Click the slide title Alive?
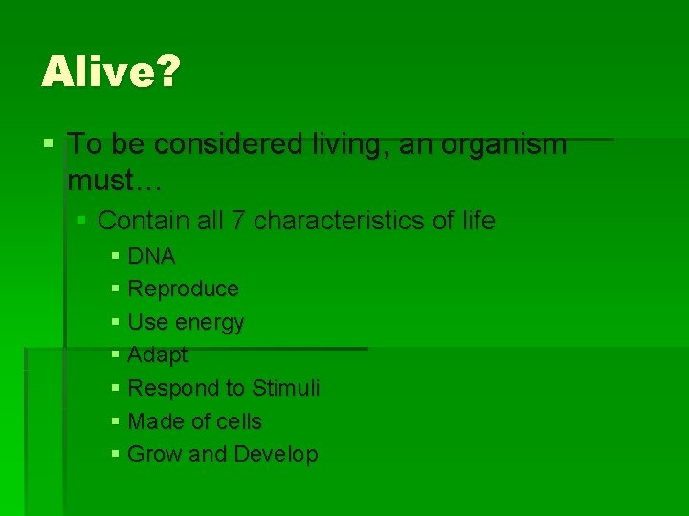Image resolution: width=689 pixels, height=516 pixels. pos(109,72)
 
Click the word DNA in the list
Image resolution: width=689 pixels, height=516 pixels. pos(151,256)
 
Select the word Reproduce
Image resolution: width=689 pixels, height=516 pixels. pos(183,289)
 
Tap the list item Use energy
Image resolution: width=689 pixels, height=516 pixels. pos(186,322)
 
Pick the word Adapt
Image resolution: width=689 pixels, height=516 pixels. pos(157,355)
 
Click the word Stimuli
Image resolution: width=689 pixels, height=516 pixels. pos(285,388)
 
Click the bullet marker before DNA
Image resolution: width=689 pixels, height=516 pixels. pos(116,256)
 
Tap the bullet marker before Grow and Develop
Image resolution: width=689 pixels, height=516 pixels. pos(116,454)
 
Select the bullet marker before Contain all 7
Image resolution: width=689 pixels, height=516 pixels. pos(82,221)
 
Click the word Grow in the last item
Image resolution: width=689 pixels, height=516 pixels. pos(155,455)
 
